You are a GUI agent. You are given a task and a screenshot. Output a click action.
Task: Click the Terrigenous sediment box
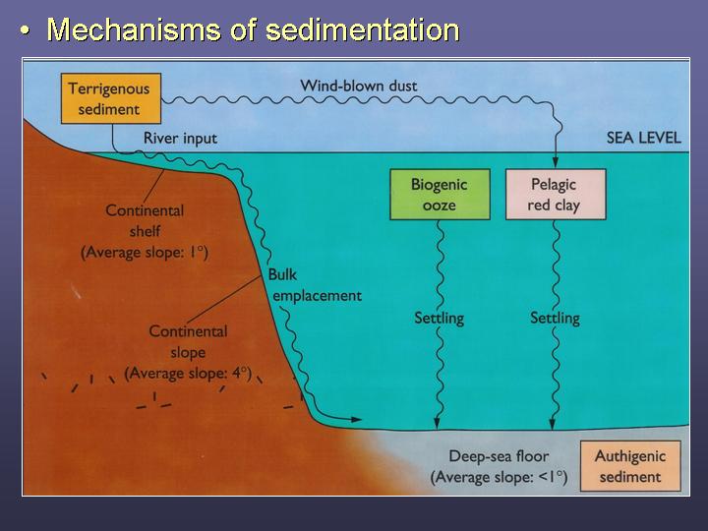111,98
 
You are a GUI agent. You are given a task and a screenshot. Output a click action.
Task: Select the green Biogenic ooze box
440,195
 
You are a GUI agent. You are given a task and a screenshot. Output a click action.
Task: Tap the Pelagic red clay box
556,195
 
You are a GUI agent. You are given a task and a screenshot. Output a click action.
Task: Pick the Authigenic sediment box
630,466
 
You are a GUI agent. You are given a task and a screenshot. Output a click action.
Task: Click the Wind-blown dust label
359,86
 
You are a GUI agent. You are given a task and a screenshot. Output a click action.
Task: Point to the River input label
180,139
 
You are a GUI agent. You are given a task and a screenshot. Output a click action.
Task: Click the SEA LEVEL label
643,138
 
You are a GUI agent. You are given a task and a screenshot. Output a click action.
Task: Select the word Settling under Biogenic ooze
440,319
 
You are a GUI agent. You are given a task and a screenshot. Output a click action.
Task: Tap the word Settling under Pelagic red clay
555,319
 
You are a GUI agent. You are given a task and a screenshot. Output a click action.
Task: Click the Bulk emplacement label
315,285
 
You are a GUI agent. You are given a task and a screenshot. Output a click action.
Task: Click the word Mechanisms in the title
134,29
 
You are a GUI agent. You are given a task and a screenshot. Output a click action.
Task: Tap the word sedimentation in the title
362,29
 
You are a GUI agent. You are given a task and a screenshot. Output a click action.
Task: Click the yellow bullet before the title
26,31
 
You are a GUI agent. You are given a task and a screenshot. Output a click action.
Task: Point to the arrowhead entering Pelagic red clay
556,162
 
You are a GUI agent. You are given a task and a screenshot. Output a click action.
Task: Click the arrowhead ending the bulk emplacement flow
356,420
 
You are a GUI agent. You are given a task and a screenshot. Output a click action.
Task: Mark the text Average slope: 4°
188,374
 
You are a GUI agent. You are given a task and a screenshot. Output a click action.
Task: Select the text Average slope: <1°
499,477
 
